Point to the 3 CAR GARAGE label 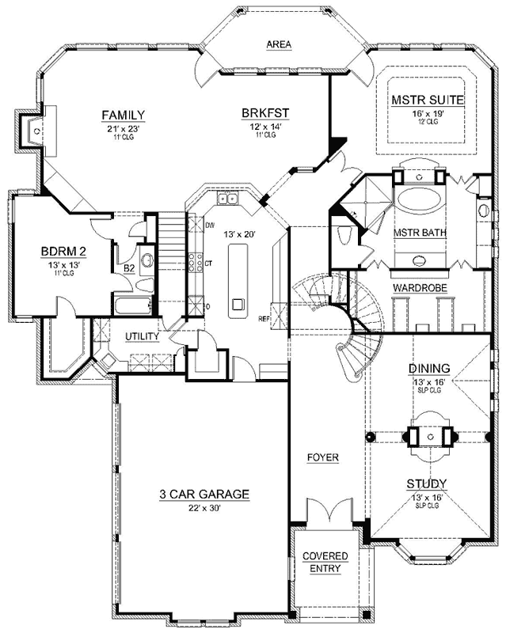click(204, 495)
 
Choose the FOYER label click(324, 457)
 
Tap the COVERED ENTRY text click(325, 562)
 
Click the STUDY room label click(427, 483)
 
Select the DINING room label click(429, 368)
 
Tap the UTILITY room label click(143, 336)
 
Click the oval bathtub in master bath click(419, 197)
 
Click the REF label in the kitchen click(264, 319)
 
